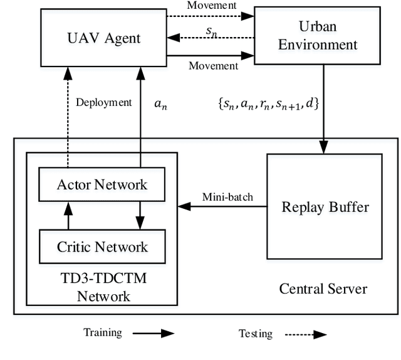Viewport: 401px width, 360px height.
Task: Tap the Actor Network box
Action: pos(102,184)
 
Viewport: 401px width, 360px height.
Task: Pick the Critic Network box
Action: pos(102,246)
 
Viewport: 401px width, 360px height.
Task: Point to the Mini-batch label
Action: pos(227,197)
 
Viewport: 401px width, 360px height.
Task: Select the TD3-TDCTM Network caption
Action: pos(102,288)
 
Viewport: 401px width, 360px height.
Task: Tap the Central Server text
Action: pos(323,289)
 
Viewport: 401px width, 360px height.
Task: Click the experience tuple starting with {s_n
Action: pos(269,103)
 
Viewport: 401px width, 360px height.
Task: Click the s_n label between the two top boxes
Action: pos(212,29)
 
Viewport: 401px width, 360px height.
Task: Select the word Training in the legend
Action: pos(103,332)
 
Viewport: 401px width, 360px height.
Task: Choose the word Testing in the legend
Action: pos(256,334)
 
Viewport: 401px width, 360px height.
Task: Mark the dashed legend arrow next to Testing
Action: pos(305,334)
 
